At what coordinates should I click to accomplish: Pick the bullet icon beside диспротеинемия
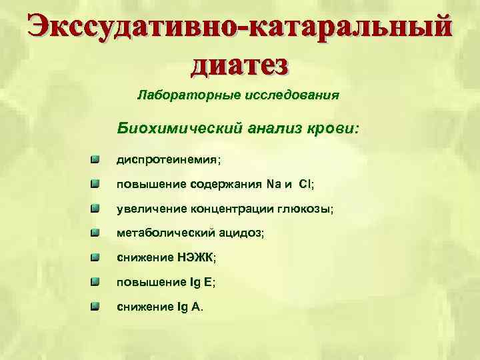(x=97, y=160)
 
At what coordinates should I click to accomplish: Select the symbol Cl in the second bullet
(x=305, y=185)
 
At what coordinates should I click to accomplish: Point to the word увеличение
(x=150, y=209)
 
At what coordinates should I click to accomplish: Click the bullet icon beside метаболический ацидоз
(x=97, y=232)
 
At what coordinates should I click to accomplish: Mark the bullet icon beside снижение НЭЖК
(x=97, y=256)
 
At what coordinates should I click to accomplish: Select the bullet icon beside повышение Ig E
(x=97, y=280)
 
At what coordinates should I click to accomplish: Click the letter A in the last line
(x=196, y=307)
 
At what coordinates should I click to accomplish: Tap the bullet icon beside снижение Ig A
(x=97, y=305)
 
